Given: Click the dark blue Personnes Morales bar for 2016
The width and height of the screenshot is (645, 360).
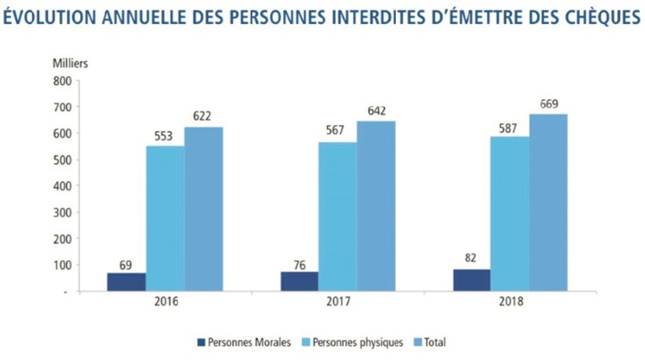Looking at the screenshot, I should click(x=127, y=281).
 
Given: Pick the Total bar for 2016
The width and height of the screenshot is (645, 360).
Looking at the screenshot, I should click(x=204, y=208).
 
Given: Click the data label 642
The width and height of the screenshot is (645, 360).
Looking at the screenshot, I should click(x=376, y=111).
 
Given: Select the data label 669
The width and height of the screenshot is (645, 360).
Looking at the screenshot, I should click(x=549, y=104).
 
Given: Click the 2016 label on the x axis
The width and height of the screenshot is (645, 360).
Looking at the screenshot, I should click(x=165, y=302).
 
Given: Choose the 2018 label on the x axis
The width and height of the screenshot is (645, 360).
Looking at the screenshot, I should click(x=510, y=302).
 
